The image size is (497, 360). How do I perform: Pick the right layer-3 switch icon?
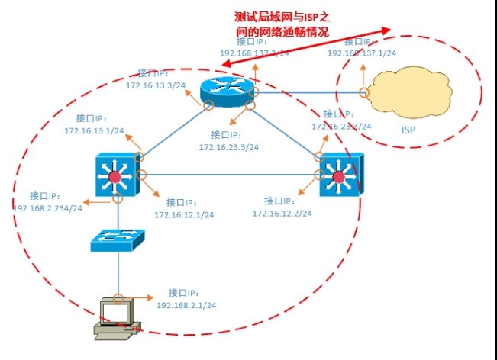(x=340, y=176)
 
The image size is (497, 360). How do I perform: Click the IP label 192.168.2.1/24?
(x=186, y=304)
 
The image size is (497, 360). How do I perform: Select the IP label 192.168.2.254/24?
(x=48, y=208)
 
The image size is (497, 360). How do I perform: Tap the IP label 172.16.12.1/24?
(x=183, y=214)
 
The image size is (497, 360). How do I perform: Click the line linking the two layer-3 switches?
(x=229, y=175)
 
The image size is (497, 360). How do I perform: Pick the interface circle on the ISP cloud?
(x=364, y=93)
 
